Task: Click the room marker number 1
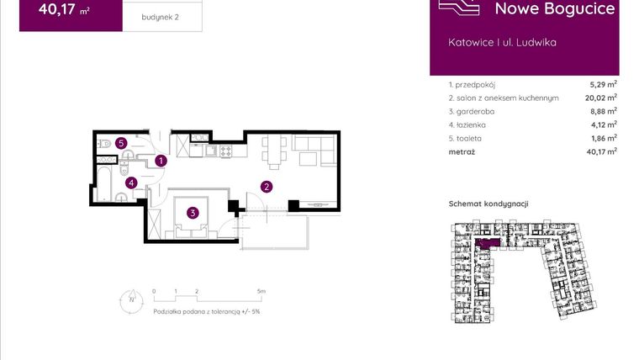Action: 161,160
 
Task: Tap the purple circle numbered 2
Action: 267,187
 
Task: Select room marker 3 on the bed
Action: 193,213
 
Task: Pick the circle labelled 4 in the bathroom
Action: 131,182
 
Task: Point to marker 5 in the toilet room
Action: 122,144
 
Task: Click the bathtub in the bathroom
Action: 106,183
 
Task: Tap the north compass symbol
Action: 131,299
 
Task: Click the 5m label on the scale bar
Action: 261,291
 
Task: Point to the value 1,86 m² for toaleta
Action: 603,137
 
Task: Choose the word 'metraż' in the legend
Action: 462,151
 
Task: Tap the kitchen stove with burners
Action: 224,152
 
